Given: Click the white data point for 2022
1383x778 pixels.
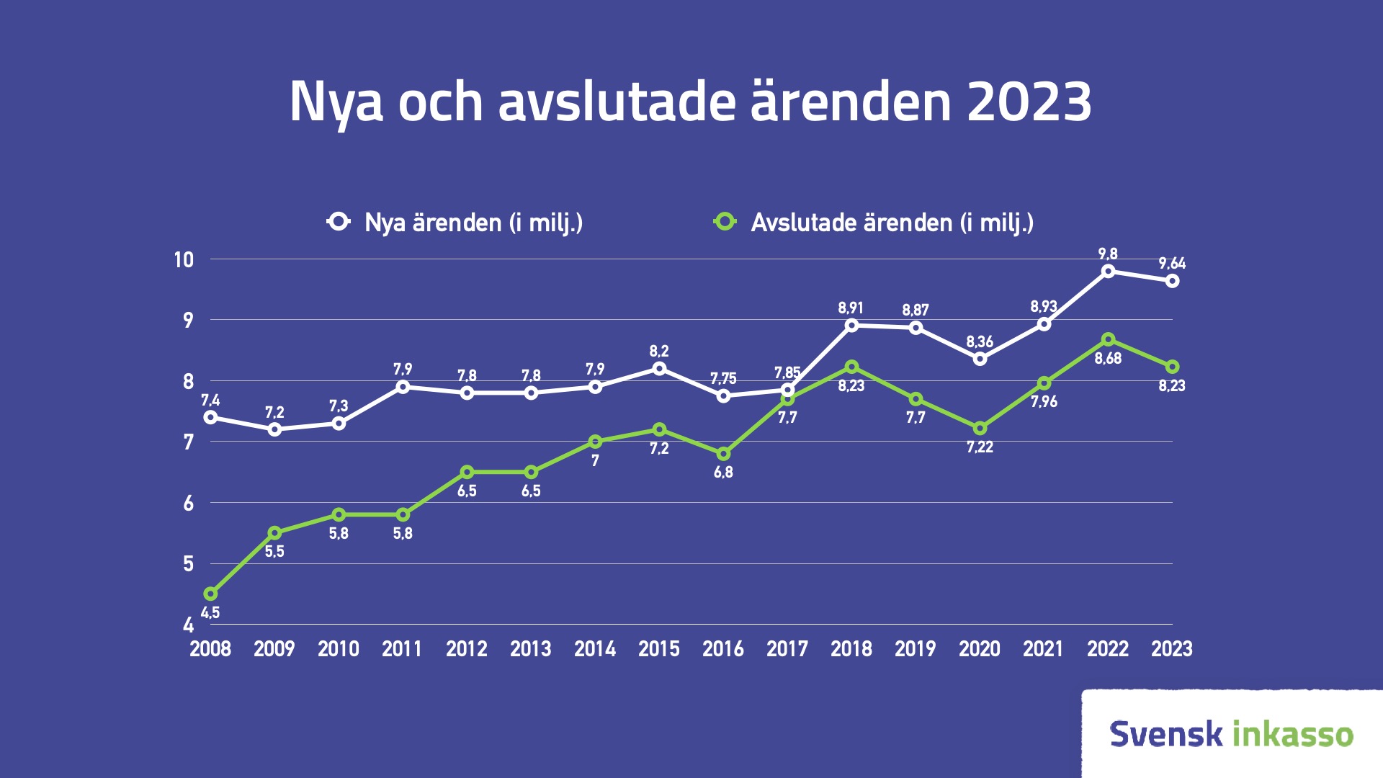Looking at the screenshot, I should pos(1108,271).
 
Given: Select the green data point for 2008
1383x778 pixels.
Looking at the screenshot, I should pos(210,594).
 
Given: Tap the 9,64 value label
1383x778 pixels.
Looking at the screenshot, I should pos(1172,263).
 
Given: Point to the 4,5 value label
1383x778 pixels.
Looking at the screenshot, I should pos(210,613).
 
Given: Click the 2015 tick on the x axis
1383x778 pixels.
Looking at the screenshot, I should pos(659,649).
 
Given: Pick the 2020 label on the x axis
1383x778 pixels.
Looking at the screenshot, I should pos(980,649).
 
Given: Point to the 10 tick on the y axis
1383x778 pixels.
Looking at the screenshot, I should pos(184,259).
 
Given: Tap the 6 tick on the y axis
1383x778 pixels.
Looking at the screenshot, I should pos(189,503).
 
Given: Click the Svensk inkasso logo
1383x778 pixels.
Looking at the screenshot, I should pos(1232,733).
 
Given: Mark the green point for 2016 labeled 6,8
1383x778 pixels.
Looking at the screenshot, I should pos(723,454).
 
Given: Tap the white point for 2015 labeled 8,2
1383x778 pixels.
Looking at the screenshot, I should pos(659,368).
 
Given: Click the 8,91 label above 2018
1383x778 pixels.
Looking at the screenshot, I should pos(851,308).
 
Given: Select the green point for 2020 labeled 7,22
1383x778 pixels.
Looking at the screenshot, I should pos(980,429).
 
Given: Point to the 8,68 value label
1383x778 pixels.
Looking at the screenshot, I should pos(1108,359).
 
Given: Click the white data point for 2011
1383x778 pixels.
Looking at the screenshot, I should pos(403,387).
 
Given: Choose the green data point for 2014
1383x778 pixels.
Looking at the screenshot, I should pos(595,442).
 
